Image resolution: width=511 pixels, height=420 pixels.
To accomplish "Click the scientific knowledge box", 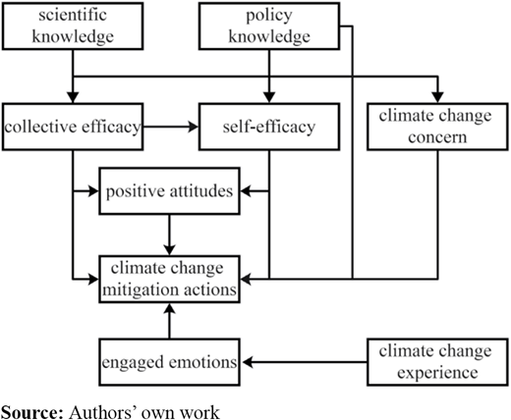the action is pos(73,26).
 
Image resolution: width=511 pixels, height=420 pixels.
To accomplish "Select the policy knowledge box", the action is pos(269,26).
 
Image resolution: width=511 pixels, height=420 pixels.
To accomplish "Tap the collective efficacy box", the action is pos(73,127).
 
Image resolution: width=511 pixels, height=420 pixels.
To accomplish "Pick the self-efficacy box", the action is pos(269,127).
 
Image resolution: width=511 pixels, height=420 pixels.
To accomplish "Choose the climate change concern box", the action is pos(437,127).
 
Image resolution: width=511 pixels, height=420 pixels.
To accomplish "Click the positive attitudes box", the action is pos(169,191).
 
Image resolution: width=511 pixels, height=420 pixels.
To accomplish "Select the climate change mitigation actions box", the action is pos(169,279).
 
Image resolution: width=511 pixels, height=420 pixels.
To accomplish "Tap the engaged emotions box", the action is pos(169,362).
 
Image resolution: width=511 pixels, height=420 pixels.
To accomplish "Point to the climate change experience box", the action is pos(437,362).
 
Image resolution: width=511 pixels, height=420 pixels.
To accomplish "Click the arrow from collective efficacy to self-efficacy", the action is pos(171,127).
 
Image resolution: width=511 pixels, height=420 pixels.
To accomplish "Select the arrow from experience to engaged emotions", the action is pos(304,362).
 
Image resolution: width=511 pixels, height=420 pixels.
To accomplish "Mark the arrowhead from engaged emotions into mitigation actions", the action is pos(169,309).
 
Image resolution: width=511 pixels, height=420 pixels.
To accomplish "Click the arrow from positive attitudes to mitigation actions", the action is pos(169,235).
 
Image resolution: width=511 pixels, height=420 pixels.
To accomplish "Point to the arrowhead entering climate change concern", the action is pos(437,97).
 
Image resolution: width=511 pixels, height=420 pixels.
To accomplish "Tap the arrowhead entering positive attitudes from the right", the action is pos(246,191).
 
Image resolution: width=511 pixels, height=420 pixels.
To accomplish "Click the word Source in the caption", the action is pos(30,412).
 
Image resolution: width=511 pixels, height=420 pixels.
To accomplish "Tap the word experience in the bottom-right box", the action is pos(437,373).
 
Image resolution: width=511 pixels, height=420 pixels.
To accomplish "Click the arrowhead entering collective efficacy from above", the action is pos(73,97).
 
